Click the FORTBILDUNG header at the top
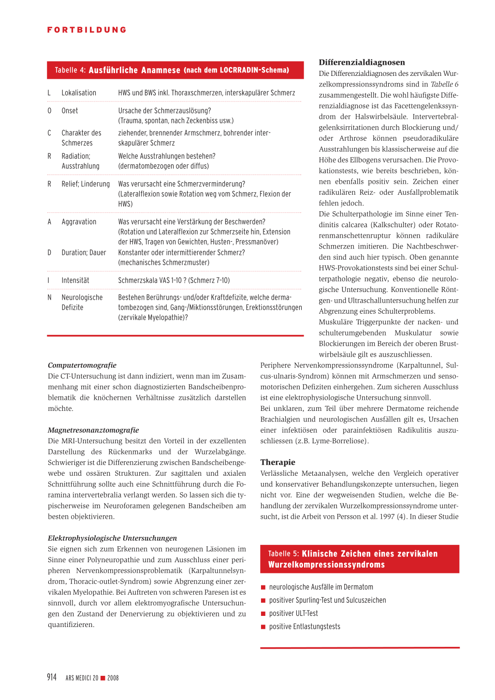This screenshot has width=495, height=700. coord(87,30)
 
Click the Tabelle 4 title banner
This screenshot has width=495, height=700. coord(175,70)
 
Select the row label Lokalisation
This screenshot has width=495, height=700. coord(79,93)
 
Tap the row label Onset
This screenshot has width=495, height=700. coord(70,111)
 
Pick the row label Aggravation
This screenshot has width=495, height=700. coord(79,222)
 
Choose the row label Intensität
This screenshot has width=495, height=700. coord(75,280)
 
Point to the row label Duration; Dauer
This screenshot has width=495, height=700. coord(84,252)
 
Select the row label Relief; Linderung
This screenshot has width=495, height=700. coord(86,184)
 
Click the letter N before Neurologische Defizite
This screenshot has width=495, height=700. coord(49,298)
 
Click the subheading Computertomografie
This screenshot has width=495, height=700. coord(82,365)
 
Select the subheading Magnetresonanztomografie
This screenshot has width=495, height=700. coord(93,430)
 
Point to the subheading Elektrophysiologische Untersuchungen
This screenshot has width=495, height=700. coord(112,538)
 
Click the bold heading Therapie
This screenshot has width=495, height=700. coord(278,462)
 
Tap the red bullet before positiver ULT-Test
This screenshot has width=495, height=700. coord(263,614)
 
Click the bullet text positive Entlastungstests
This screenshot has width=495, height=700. coord(305,627)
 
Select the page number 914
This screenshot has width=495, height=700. coord(52,677)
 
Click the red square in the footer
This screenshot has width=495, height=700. coord(103,678)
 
